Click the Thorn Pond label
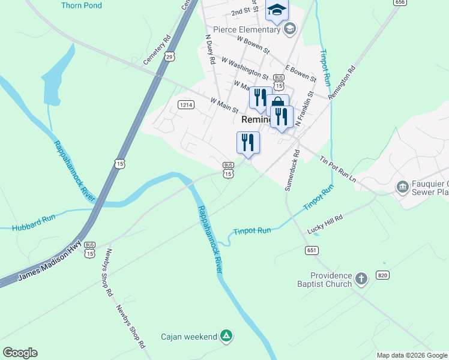coord(82,5)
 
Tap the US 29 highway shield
coord(170,56)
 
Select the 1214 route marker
coord(185,105)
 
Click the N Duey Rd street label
coord(211,52)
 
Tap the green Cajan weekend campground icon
coord(226,335)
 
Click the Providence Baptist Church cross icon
coord(361,278)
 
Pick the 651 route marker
coord(312,250)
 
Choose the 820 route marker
coord(382,274)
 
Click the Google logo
coord(20,352)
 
